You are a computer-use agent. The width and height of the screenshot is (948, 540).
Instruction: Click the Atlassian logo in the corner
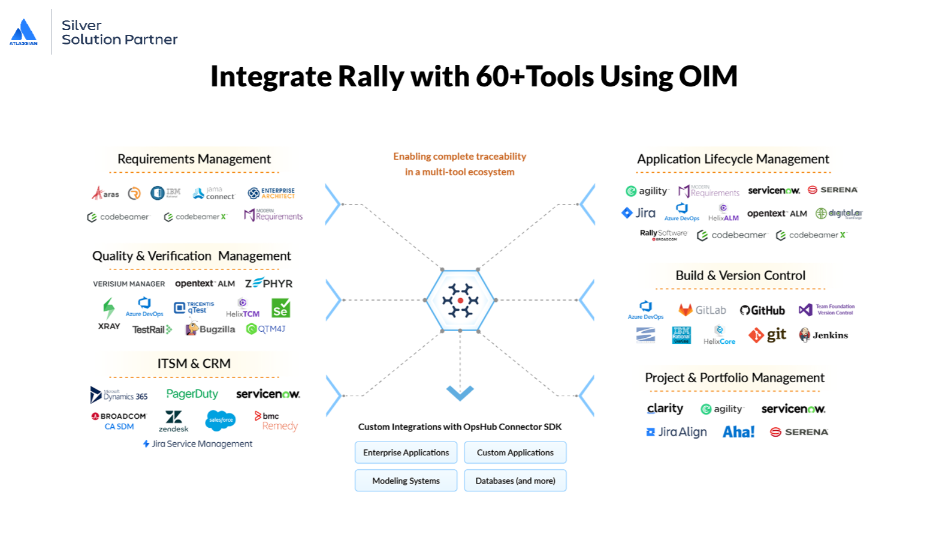[x=23, y=32]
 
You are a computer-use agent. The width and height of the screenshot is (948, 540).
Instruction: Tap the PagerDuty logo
[x=192, y=394]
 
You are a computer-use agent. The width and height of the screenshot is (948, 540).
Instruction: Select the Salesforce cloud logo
[x=221, y=420]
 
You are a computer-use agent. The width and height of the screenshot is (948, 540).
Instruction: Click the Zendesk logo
[x=173, y=421]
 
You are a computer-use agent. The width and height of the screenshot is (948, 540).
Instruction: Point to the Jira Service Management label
[x=198, y=444]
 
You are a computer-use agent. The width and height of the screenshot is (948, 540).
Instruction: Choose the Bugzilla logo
[x=210, y=329]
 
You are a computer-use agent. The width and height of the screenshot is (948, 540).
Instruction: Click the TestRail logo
[x=152, y=329]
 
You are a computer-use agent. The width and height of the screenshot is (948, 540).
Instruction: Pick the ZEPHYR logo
[x=268, y=283]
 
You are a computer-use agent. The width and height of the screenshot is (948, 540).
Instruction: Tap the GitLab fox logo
[x=686, y=310]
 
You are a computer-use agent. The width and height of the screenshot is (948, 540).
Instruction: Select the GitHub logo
[x=762, y=310]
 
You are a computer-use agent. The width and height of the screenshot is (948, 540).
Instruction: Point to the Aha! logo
[x=738, y=432]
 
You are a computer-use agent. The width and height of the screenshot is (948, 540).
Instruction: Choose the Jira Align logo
[x=677, y=432]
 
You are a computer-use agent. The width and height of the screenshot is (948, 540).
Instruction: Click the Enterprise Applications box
[x=406, y=452]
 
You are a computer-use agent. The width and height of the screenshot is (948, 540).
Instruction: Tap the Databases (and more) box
[x=515, y=481]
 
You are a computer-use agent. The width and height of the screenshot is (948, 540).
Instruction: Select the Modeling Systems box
[x=406, y=481]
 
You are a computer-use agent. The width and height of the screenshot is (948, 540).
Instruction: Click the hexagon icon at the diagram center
[x=460, y=300]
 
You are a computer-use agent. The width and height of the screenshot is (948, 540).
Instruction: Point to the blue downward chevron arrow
[x=460, y=393]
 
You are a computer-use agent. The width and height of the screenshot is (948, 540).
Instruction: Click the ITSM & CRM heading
[x=194, y=364]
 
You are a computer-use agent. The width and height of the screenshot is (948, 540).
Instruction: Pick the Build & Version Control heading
[x=740, y=275]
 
